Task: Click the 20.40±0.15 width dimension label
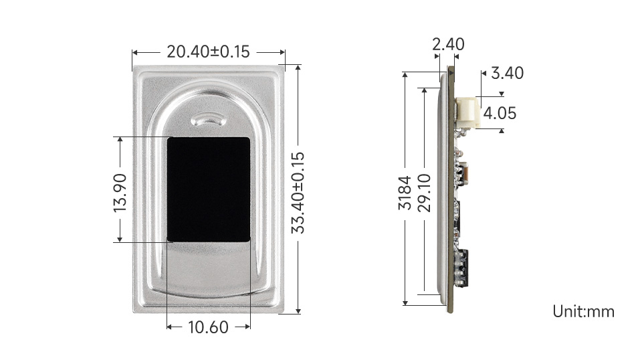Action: pyautogui.click(x=208, y=52)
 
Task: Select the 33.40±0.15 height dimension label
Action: pyautogui.click(x=298, y=193)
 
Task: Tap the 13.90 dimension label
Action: pyautogui.click(x=120, y=193)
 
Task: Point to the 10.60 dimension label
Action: pyautogui.click(x=208, y=327)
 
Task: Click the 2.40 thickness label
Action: pyautogui.click(x=448, y=43)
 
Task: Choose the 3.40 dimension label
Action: pyautogui.click(x=508, y=73)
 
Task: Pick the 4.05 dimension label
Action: pyautogui.click(x=500, y=113)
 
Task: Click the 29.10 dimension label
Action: pyautogui.click(x=424, y=193)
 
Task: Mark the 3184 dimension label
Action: pyautogui.click(x=405, y=193)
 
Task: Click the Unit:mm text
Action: pyautogui.click(x=583, y=311)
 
